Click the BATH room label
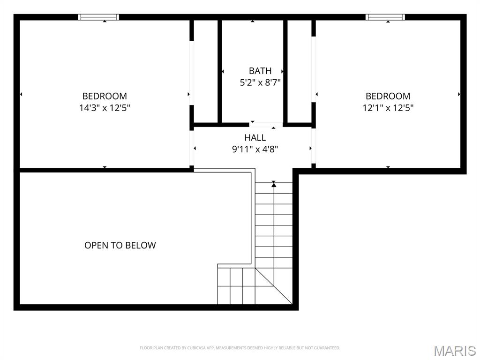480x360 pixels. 260,71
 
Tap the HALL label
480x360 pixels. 255,138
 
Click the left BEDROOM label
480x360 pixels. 105,96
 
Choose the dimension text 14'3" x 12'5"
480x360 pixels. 105,108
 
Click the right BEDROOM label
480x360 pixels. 388,96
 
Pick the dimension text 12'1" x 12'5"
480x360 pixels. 388,108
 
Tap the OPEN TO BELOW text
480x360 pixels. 120,245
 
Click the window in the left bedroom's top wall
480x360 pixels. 98,17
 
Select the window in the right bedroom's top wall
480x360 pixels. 385,17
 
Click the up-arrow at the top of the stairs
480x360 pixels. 274,185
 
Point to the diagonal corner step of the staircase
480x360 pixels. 273,286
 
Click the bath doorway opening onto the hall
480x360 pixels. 266,125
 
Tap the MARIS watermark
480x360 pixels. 454,350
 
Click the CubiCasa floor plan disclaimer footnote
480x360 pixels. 240,348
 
